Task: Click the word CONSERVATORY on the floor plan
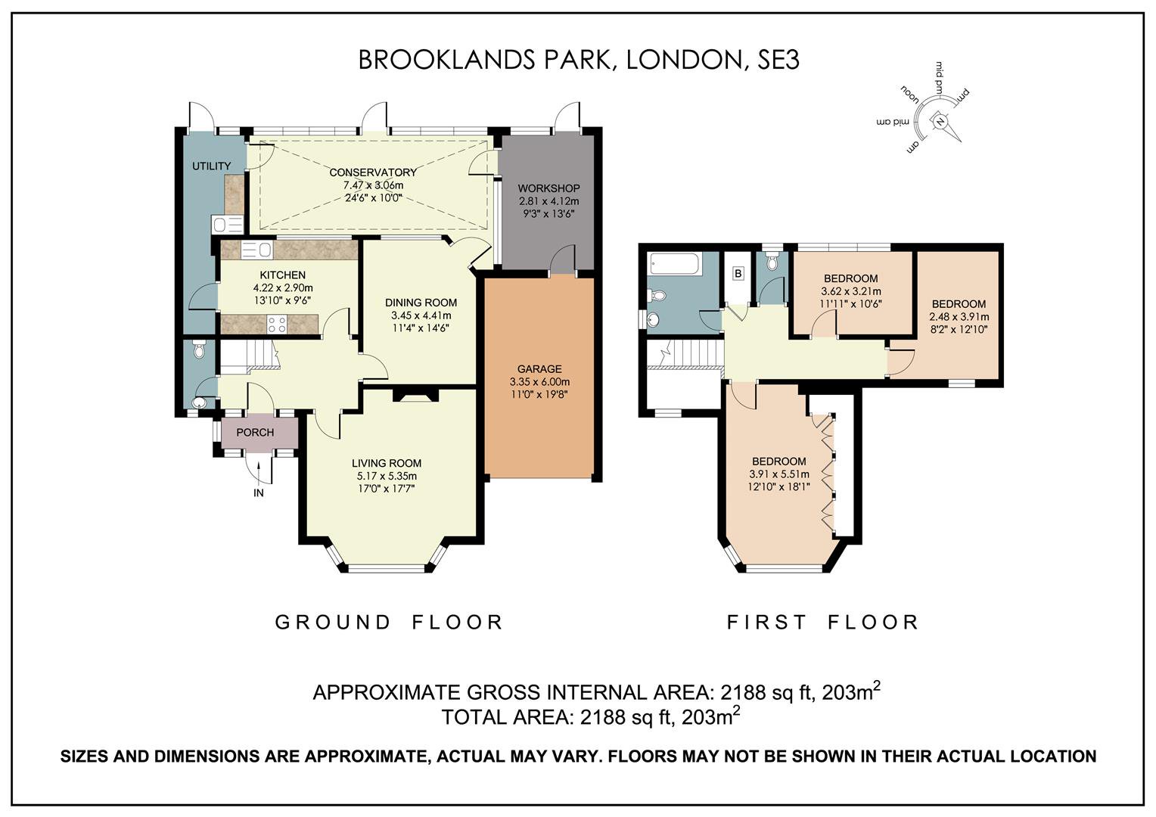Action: pos(373,172)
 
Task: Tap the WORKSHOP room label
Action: pos(548,188)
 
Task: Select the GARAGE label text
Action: pos(539,369)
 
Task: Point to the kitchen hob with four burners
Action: pos(277,325)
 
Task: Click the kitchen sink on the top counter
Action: pos(256,250)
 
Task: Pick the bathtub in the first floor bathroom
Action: pos(675,264)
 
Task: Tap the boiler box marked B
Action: pos(738,274)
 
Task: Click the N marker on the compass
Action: pos(940,122)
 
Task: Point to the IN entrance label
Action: pos(259,493)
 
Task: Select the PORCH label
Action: pos(255,433)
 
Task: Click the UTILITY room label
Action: pos(212,166)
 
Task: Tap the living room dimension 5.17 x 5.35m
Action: pos(387,476)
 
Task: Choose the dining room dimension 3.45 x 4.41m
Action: pos(421,315)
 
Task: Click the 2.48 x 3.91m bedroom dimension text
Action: pos(959,317)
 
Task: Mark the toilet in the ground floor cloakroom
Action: pos(198,350)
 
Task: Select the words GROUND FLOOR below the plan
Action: pos(389,622)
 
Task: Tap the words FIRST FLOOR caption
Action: pos(822,622)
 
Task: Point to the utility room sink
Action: pos(227,225)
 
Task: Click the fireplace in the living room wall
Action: pos(415,396)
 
